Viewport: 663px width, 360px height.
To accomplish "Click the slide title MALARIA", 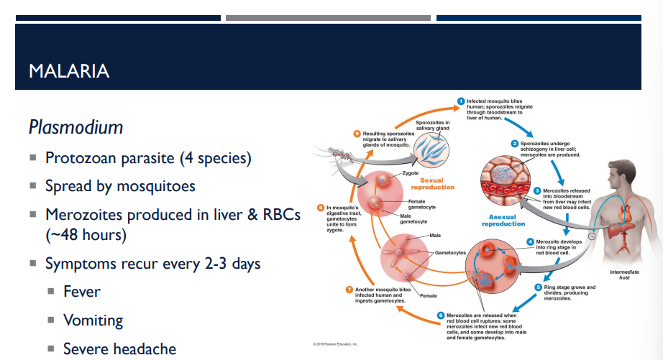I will [69, 70].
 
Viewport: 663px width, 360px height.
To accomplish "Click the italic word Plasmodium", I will [76, 127].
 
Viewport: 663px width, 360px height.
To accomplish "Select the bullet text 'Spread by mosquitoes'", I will [120, 185].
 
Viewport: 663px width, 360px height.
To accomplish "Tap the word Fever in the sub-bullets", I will [82, 292].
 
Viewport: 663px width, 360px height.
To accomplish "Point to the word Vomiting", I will [93, 320].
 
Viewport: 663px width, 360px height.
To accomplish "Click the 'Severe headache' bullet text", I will [119, 349].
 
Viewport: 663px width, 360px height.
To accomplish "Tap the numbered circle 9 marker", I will [357, 134].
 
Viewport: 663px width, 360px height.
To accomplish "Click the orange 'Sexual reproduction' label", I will [437, 184].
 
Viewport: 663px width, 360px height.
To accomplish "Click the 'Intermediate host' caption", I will [623, 274].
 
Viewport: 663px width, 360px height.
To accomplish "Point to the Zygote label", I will [411, 173].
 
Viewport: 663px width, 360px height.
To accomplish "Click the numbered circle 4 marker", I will [530, 241].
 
